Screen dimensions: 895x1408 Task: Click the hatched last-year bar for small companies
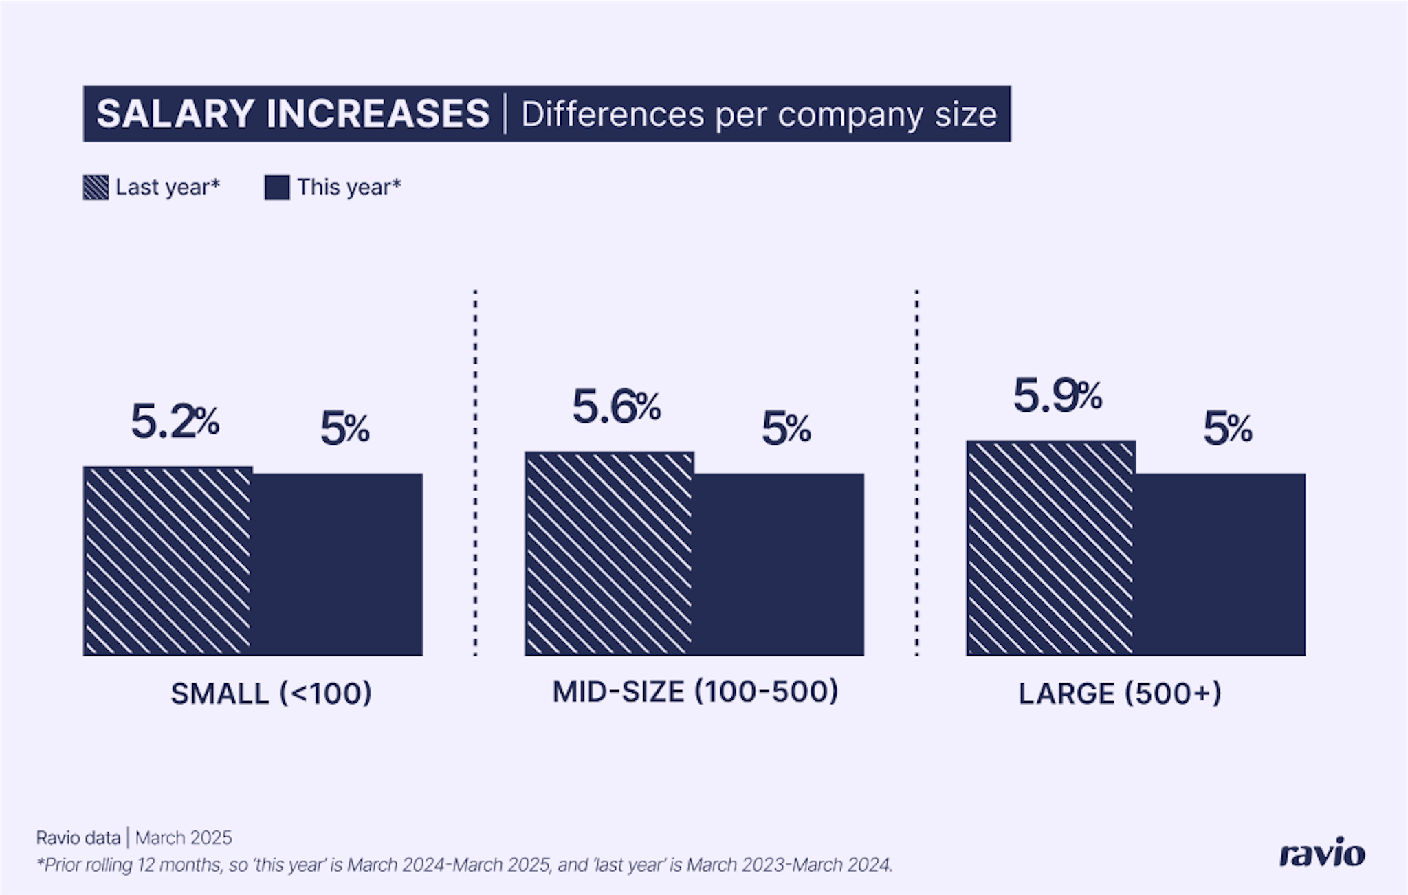168,561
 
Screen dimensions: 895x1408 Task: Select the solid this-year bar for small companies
338,564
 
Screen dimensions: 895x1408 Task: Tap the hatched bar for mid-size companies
609,553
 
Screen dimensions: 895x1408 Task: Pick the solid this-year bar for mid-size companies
779,564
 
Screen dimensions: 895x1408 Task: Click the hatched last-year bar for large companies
1050,548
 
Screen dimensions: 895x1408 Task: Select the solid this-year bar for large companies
1220,564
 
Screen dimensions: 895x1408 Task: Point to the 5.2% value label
175,421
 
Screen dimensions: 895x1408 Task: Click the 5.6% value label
616,406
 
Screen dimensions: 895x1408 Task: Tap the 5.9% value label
1057,396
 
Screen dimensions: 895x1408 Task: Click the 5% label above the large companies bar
1227,428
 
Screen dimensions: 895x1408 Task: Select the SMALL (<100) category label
271,693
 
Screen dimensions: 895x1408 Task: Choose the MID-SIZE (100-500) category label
695,691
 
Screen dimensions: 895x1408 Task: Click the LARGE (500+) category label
1120,693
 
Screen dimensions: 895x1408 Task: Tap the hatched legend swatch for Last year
96,187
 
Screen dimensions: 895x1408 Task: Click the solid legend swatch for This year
276,187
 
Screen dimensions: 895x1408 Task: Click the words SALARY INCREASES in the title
293,114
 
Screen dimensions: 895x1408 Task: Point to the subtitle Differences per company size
758,114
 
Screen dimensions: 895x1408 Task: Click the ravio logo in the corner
1321,854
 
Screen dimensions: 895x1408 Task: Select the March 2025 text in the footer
184,837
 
